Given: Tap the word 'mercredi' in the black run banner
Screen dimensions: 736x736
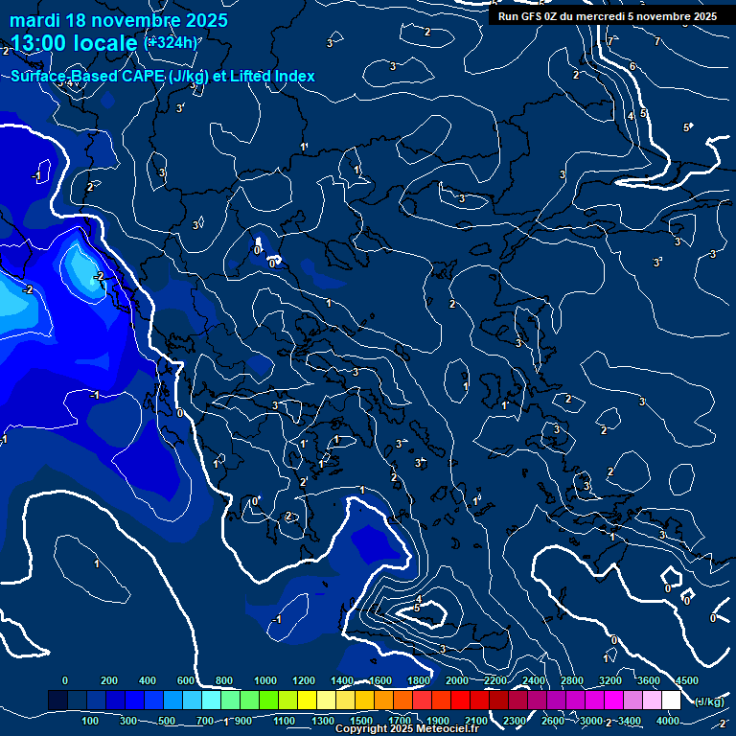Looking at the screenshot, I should coord(599,16).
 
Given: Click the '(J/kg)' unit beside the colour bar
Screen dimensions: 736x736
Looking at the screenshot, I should coord(707,701).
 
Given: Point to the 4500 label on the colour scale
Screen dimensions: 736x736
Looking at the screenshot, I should coord(686,680).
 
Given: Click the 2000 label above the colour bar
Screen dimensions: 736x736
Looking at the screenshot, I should coord(456,680).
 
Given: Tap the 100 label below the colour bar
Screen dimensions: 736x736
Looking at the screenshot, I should coord(91,721).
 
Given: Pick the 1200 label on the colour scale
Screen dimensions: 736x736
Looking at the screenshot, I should coord(303,680).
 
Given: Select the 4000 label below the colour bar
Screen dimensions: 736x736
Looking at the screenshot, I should coord(667,721).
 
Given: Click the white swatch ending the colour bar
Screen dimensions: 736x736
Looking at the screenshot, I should coord(671,701).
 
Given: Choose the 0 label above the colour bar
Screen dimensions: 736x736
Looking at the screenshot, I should coord(65,680).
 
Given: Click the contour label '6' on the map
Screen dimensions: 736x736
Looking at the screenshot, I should coord(632,66).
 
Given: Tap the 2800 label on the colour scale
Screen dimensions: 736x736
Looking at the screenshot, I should coord(571,680).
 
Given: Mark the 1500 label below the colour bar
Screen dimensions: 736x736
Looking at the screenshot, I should coord(360,721).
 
